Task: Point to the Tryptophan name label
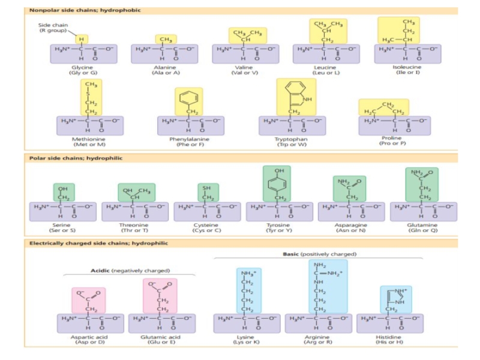coord(292,141)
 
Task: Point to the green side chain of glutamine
coord(422,184)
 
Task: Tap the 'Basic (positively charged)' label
coord(320,254)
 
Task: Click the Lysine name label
coord(245,339)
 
